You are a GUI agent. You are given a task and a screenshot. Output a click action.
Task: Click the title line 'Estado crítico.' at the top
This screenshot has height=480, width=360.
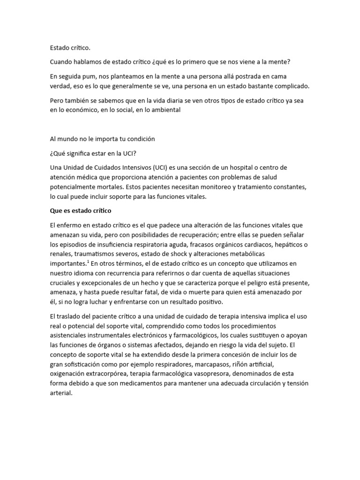(69, 48)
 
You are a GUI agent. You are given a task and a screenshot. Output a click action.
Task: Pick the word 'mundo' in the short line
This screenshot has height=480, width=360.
(69, 139)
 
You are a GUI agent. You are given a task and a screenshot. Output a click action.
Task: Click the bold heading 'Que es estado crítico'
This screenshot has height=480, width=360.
(81, 210)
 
